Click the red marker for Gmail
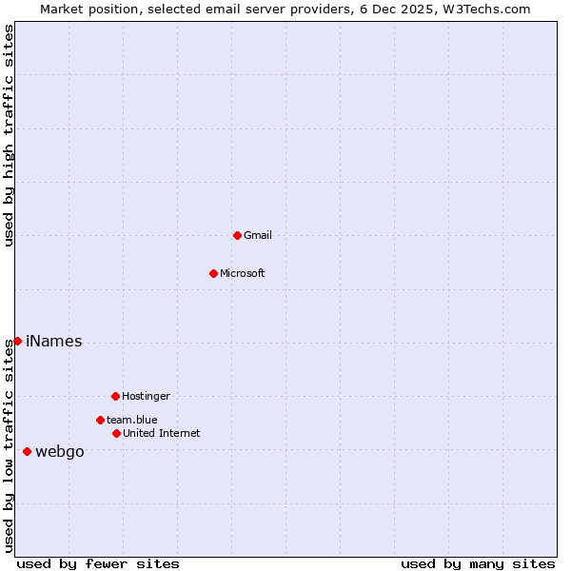(237, 235)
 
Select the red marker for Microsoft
(213, 273)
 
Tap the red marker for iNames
(17, 341)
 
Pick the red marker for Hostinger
(115, 396)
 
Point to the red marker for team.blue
(100, 420)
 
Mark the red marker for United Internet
(116, 433)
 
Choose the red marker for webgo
(27, 451)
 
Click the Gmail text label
(257, 235)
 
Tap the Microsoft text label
(242, 273)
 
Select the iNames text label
(53, 342)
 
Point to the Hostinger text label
(146, 396)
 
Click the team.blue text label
(131, 420)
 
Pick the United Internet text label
(161, 433)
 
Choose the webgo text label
(59, 452)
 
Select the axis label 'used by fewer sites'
(98, 563)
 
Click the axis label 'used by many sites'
(478, 563)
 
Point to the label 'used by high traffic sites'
(9, 135)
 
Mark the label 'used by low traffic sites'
(9, 445)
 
